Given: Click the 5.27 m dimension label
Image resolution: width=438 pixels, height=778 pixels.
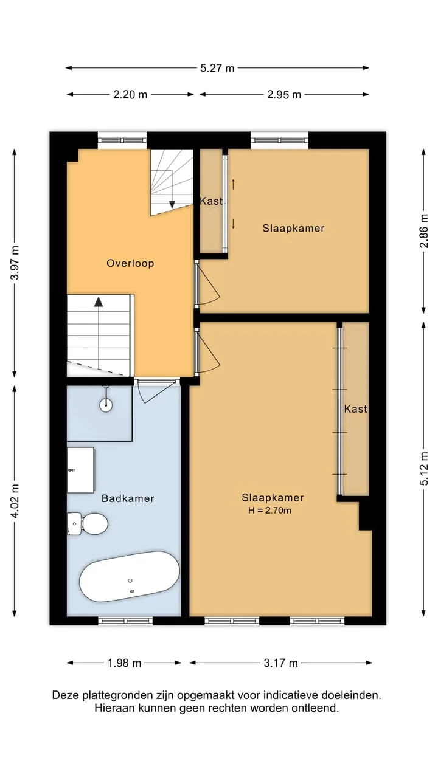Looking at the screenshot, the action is [217, 68].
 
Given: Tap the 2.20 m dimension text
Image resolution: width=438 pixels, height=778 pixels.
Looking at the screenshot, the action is [130, 94].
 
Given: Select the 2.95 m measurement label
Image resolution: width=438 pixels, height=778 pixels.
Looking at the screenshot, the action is [284, 94].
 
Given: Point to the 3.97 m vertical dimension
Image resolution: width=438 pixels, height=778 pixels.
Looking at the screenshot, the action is [15, 263].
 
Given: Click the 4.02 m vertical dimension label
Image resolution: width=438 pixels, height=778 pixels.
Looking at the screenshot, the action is [15, 501].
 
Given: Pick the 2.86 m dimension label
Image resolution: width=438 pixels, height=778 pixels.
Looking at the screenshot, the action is [424, 230].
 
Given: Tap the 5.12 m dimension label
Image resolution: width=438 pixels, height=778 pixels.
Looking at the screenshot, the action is [424, 468].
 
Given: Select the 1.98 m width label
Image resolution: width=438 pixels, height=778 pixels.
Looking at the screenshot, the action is [125, 663].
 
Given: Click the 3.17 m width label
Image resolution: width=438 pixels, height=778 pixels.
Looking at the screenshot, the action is [281, 663].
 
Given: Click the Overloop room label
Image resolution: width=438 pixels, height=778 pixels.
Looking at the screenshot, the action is [130, 263].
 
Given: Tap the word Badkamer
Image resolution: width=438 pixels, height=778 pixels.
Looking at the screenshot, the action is [128, 498].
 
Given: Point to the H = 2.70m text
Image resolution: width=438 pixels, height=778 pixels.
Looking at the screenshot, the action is [269, 510].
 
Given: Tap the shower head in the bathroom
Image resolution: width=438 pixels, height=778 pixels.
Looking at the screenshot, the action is [106, 404].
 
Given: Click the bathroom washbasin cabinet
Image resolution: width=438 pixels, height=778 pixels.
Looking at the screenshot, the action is [81, 470].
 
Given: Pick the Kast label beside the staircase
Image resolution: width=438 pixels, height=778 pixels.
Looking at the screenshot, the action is [211, 201].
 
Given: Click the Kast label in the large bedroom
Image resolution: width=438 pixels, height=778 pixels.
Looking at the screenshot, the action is [356, 409].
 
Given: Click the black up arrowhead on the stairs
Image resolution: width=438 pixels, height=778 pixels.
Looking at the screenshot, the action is [99, 302].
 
